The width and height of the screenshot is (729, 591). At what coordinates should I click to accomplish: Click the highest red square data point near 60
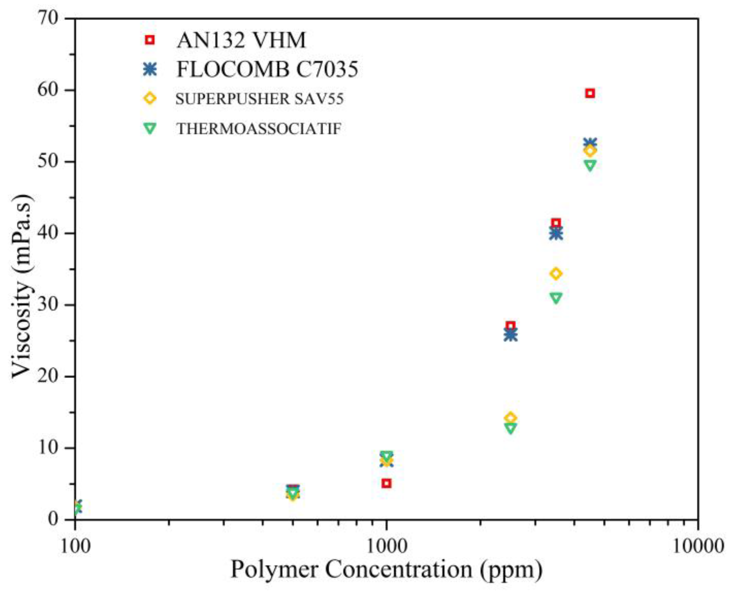point(590,93)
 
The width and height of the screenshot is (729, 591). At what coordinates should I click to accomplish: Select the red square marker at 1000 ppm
point(387,483)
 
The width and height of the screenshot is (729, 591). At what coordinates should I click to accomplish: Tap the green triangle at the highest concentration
point(590,165)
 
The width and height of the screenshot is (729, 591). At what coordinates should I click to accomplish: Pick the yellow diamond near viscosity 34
point(556,274)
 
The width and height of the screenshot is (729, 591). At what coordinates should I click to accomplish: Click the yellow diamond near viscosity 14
point(511,418)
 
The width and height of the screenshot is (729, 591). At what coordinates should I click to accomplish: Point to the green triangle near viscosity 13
point(511,428)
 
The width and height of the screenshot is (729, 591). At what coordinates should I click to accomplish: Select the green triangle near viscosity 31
point(556,298)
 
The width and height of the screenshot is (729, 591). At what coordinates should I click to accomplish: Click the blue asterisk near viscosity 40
point(556,234)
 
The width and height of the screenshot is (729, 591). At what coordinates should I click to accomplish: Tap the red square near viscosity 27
point(511,326)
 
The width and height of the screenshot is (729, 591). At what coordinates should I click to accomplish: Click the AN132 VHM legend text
point(241,40)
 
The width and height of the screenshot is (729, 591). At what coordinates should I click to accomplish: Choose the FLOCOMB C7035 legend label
point(267,69)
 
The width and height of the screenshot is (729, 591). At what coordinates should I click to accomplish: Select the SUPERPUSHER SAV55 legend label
point(260,99)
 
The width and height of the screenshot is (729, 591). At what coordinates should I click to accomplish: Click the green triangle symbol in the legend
point(150,129)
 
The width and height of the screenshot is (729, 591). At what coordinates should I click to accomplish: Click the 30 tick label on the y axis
point(50,305)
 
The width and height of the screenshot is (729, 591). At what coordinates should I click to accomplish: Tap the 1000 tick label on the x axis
point(387,545)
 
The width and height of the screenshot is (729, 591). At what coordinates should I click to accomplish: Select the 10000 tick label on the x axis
point(698,545)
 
